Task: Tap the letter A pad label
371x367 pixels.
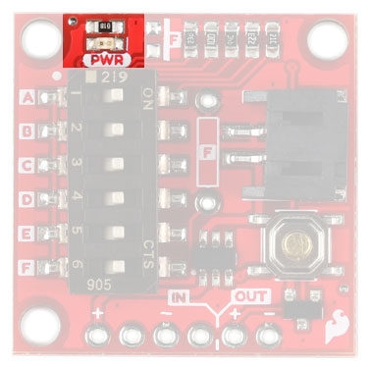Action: click(27, 97)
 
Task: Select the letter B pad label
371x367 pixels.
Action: click(27, 130)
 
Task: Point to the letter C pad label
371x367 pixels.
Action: click(27, 164)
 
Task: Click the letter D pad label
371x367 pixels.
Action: click(27, 197)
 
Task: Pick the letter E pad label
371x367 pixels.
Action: click(27, 232)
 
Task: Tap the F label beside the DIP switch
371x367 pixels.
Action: click(27, 265)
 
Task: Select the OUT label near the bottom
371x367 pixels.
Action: click(245, 295)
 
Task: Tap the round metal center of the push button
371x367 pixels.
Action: click(291, 242)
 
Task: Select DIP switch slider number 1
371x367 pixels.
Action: click(116, 96)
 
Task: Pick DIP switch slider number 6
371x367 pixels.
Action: click(116, 265)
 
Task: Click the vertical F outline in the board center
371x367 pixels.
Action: click(206, 152)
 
